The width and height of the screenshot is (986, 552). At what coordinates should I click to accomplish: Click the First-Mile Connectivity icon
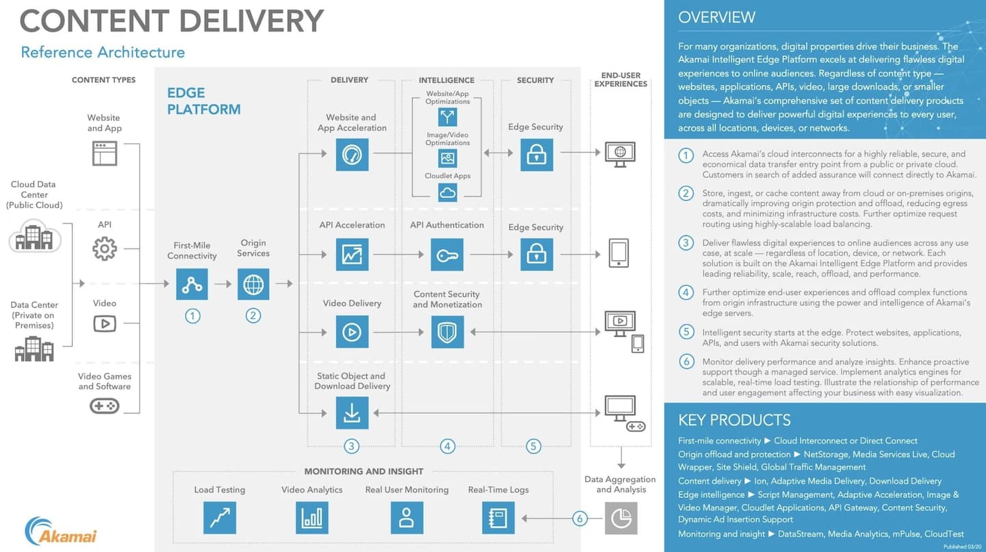[192, 284]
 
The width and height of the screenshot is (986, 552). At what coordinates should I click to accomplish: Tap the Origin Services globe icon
[253, 284]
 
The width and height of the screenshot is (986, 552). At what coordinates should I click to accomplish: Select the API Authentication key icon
[447, 255]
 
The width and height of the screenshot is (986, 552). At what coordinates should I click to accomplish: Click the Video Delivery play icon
[352, 332]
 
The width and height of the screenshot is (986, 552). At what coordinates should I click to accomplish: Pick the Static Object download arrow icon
[352, 412]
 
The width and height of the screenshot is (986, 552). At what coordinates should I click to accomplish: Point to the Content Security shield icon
[447, 332]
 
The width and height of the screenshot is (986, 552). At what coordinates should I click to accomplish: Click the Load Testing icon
[219, 518]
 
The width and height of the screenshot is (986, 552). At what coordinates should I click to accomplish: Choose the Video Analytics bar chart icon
[312, 518]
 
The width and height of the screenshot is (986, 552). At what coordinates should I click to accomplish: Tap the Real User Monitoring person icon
[407, 518]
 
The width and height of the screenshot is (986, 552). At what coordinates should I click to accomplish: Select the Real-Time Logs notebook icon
[498, 518]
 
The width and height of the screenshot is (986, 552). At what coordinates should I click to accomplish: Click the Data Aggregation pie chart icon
[620, 518]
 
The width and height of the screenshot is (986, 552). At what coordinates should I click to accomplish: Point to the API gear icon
[104, 249]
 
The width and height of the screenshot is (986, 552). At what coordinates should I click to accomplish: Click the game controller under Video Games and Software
[104, 406]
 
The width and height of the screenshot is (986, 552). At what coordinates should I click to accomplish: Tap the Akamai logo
[61, 531]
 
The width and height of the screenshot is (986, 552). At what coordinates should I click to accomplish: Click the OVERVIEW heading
[716, 18]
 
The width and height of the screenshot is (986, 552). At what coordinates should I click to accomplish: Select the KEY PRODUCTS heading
[734, 420]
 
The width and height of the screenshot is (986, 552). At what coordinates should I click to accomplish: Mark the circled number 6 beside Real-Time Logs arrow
[579, 518]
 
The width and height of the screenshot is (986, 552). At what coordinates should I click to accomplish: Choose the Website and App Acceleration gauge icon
[352, 155]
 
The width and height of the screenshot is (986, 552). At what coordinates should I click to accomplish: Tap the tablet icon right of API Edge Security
[618, 253]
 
